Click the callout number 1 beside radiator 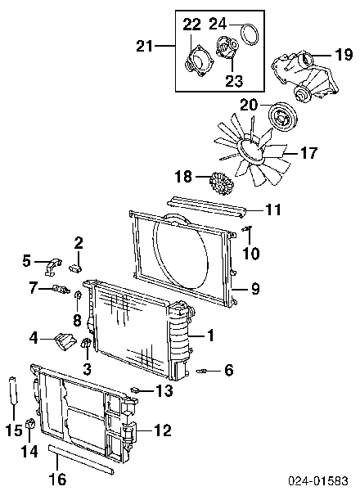210,335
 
